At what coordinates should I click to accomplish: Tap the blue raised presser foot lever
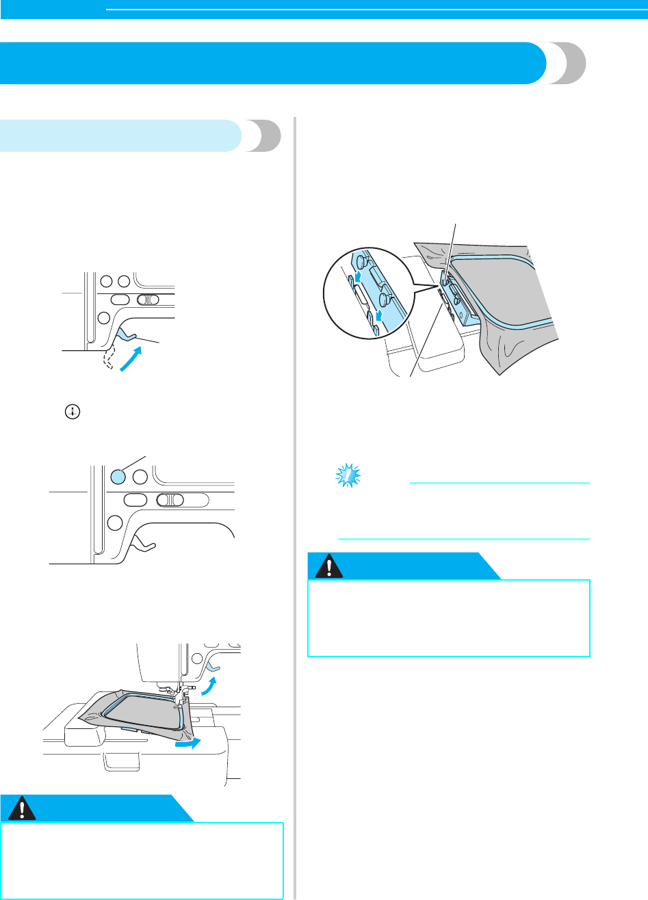coord(126,333)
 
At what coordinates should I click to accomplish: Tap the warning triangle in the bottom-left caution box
coord(23,809)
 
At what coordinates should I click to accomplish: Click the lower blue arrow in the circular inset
coord(375,316)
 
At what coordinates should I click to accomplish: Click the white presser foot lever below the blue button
coord(144,544)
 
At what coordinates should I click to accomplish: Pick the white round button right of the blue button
coord(140,476)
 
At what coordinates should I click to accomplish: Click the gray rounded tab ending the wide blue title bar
coord(567,64)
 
